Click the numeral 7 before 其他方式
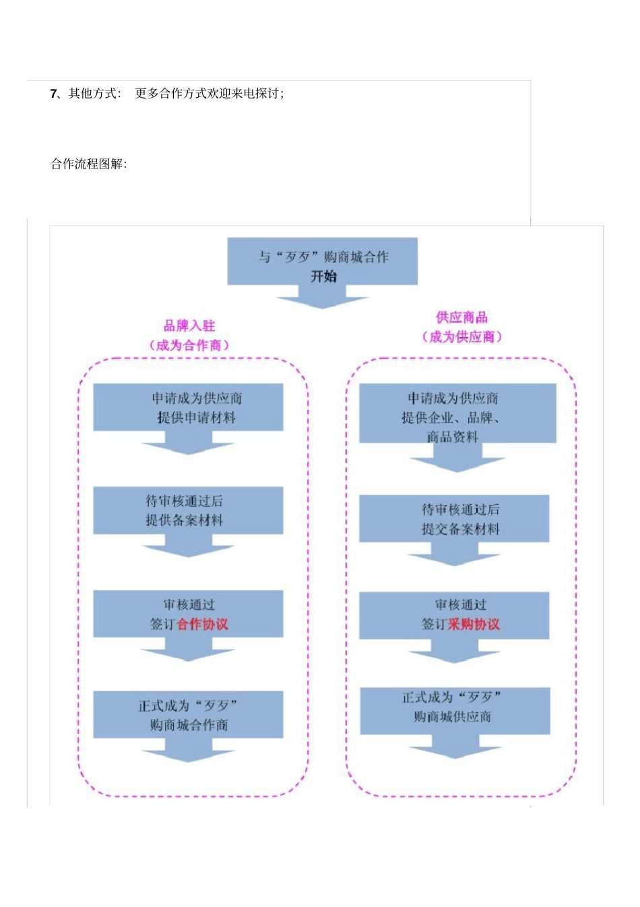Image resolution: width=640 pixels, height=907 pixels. tap(54, 94)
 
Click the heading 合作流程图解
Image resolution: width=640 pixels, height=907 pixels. tap(88, 164)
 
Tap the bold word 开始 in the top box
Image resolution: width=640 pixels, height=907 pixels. tap(323, 276)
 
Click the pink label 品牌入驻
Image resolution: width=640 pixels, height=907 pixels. tap(189, 326)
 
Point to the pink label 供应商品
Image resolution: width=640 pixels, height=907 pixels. tap(461, 317)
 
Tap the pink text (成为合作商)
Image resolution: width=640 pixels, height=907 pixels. tap(189, 345)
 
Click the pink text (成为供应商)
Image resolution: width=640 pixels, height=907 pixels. tap(461, 337)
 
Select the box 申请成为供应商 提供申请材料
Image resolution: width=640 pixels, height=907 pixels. tap(188, 407)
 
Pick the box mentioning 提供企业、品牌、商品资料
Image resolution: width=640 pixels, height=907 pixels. tap(457, 413)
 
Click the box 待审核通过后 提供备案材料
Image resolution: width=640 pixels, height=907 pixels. tap(188, 510)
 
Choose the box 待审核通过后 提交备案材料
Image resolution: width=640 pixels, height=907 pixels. tap(454, 519)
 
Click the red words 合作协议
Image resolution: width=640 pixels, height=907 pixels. tap(202, 624)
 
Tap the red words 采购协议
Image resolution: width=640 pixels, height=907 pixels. tap(474, 624)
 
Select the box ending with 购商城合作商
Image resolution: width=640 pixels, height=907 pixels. tap(188, 715)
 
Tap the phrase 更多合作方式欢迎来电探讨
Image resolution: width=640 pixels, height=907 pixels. tap(209, 94)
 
